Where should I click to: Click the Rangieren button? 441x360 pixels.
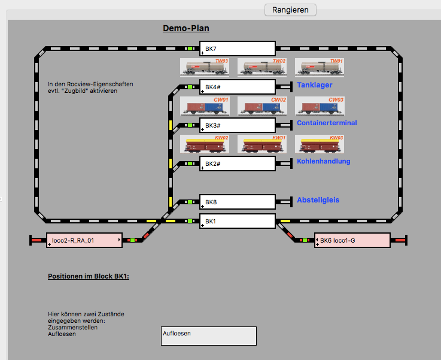(x=290, y=10)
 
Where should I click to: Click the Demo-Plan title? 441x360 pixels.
(x=186, y=28)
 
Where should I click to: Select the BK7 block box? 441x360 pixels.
(x=238, y=49)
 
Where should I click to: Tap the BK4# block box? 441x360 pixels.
(x=238, y=87)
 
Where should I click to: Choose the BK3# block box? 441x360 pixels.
(x=238, y=125)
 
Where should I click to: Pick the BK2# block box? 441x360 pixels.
(x=238, y=164)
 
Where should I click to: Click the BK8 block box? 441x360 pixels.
(x=238, y=202)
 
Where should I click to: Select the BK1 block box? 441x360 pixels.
(x=238, y=221)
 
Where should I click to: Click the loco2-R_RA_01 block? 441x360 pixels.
(x=84, y=240)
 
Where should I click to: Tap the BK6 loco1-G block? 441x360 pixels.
(x=352, y=240)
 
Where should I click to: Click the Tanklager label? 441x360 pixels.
(x=315, y=85)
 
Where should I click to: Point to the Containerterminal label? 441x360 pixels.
(x=327, y=123)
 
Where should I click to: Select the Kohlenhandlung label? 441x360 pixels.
(x=324, y=161)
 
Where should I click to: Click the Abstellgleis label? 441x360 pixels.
(x=318, y=199)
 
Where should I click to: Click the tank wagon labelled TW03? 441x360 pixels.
(x=205, y=68)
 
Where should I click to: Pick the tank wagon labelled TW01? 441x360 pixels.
(x=320, y=68)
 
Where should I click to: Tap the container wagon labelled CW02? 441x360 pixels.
(x=262, y=106)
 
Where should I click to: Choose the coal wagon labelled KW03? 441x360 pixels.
(x=320, y=144)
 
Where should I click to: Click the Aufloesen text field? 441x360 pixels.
(x=208, y=336)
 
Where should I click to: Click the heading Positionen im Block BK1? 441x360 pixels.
(x=89, y=276)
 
